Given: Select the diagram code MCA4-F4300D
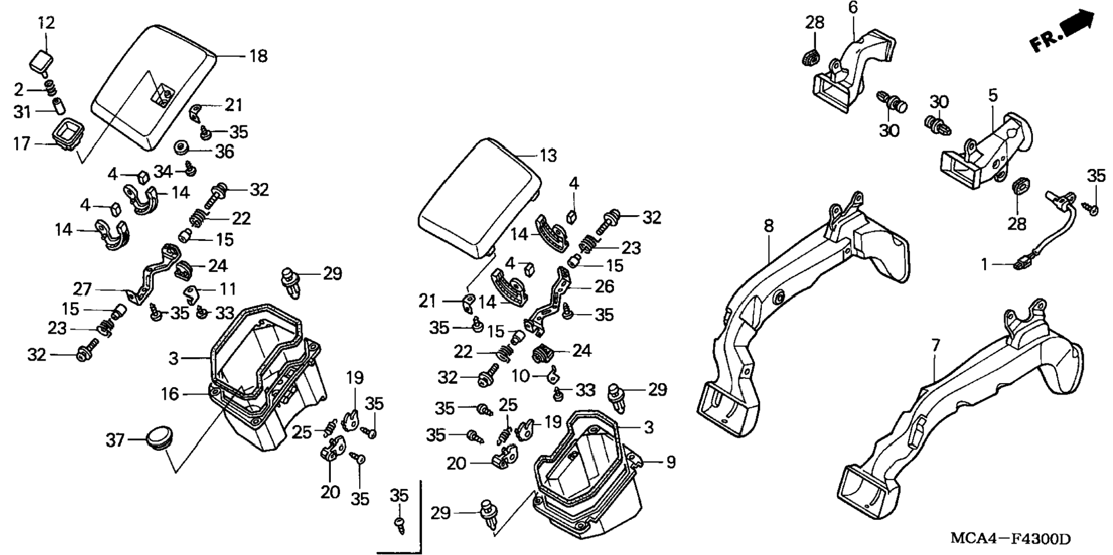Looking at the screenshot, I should (x=1010, y=539).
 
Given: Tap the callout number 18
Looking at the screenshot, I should (x=258, y=56).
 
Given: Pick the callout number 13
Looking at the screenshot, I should (x=548, y=155).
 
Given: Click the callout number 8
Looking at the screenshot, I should (x=769, y=227).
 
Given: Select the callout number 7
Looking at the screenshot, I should (x=936, y=346).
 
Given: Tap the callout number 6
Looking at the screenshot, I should (x=852, y=7).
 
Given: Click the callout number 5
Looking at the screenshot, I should (x=993, y=95).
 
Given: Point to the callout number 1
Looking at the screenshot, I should (x=984, y=265).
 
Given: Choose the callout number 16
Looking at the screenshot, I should (x=170, y=394).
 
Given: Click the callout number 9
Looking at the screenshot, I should (x=670, y=462).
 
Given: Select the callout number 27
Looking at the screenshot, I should (x=82, y=288).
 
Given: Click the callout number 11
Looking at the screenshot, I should (x=228, y=288).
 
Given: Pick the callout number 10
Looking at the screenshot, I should (x=520, y=376).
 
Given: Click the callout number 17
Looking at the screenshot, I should (x=21, y=143).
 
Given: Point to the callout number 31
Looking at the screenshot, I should (x=22, y=112).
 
